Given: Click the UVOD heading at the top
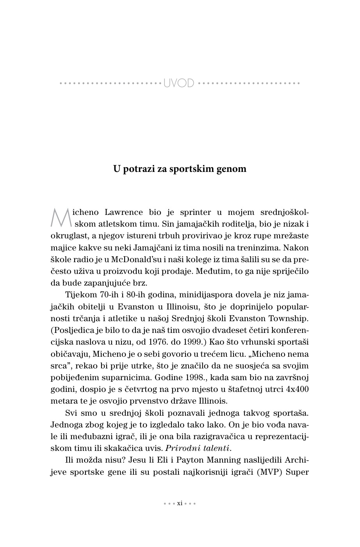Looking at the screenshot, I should [x=179, y=83].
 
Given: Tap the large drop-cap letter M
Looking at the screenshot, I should [x=61, y=218].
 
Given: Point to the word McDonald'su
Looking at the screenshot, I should [x=135, y=259].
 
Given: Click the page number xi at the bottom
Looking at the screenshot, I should [x=180, y=503].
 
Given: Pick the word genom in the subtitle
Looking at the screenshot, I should [x=233, y=169].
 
